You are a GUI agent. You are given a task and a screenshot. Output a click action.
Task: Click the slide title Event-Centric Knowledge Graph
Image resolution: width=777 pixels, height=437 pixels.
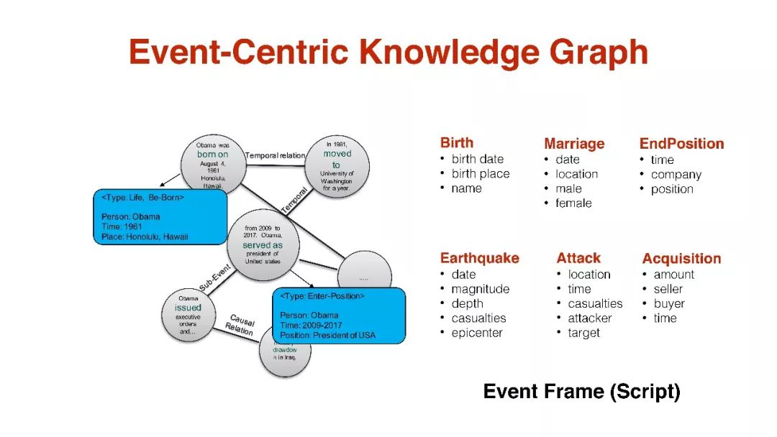[388, 52]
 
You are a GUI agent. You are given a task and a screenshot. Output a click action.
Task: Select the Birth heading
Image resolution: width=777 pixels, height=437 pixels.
[457, 142]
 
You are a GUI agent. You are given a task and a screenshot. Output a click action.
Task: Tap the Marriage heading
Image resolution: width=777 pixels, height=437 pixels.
[574, 144]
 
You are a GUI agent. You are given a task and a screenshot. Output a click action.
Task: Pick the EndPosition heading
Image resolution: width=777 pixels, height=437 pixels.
[681, 144]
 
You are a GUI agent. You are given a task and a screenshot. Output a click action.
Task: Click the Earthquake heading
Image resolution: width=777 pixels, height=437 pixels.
[479, 258]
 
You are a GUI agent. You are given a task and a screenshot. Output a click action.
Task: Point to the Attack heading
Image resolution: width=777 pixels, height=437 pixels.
[578, 258]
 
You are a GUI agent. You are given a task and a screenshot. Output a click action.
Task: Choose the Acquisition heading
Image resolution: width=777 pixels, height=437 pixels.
[681, 259]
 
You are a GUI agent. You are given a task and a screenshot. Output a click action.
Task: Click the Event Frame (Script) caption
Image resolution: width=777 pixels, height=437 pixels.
[581, 392]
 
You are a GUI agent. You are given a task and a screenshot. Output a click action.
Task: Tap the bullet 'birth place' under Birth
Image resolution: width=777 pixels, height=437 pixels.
[480, 174]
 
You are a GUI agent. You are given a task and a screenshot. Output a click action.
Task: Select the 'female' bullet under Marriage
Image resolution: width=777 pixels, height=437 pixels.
[573, 203]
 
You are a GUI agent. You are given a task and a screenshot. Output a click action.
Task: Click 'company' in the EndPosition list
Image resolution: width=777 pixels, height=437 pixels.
[676, 175]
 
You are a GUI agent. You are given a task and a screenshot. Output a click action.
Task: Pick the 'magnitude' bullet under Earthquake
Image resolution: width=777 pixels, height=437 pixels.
[480, 289]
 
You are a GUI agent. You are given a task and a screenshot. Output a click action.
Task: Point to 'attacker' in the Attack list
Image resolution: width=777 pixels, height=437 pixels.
[589, 318]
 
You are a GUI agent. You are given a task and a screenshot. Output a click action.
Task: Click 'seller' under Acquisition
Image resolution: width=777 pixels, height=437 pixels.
[668, 289]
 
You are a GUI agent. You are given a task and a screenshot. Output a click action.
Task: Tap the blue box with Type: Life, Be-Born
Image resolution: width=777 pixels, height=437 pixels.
[160, 216]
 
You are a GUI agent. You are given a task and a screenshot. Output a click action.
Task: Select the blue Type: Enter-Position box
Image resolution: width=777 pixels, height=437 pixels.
[338, 316]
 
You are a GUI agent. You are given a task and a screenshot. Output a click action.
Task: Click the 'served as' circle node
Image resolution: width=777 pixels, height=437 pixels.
[263, 245]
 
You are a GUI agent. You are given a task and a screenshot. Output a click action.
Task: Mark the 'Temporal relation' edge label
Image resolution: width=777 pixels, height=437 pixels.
[275, 155]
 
